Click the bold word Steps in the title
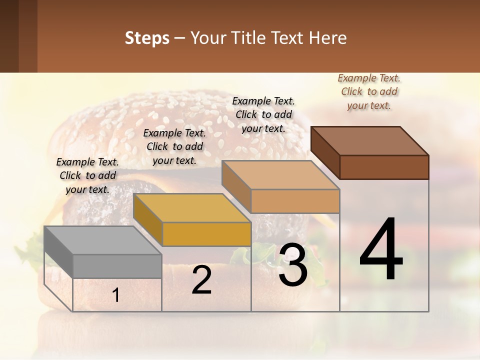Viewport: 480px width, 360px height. (x=147, y=38)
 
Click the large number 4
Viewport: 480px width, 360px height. (x=381, y=250)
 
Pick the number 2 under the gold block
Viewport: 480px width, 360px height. (x=202, y=280)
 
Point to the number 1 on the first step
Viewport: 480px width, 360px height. (x=116, y=295)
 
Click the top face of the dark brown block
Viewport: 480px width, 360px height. (x=370, y=141)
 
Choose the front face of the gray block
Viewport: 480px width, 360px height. (x=117, y=266)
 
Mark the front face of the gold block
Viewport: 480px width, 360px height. (x=206, y=234)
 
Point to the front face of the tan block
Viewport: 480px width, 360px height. (x=295, y=201)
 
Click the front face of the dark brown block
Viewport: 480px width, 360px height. (x=384, y=167)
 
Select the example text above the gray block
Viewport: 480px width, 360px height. (x=87, y=176)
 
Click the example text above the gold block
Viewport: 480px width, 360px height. (x=174, y=147)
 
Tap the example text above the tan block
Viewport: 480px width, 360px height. (x=263, y=114)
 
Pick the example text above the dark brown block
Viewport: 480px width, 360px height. (x=369, y=92)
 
